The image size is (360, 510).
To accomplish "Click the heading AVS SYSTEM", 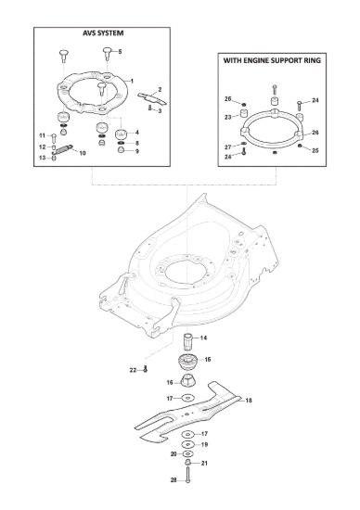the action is tap(103, 33).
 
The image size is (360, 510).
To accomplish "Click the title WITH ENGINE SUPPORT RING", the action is tap(272, 60).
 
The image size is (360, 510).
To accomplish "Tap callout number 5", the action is tap(120, 51).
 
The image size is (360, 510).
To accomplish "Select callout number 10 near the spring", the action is tap(83, 153).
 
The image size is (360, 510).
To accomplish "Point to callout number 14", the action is tap(203, 338).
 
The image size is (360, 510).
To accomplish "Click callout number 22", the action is tap(133, 370).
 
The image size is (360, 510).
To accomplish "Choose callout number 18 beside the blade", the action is tap(249, 401).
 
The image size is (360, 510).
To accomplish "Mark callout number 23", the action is tap(228, 117).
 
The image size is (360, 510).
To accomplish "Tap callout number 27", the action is tap(228, 147).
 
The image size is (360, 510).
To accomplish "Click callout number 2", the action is tap(160, 89).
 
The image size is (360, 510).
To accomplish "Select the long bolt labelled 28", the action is tap(187, 475).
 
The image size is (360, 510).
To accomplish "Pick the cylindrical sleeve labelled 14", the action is tap(188, 341).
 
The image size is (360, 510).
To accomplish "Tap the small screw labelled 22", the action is tap(146, 369).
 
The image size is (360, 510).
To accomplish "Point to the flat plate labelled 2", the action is tap(151, 98).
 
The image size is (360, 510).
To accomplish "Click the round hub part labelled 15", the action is tap(187, 363).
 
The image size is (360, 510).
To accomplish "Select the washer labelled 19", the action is tap(187, 444).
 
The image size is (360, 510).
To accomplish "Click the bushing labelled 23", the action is tap(243, 114).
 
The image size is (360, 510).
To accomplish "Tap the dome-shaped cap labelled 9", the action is tap(121, 150).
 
